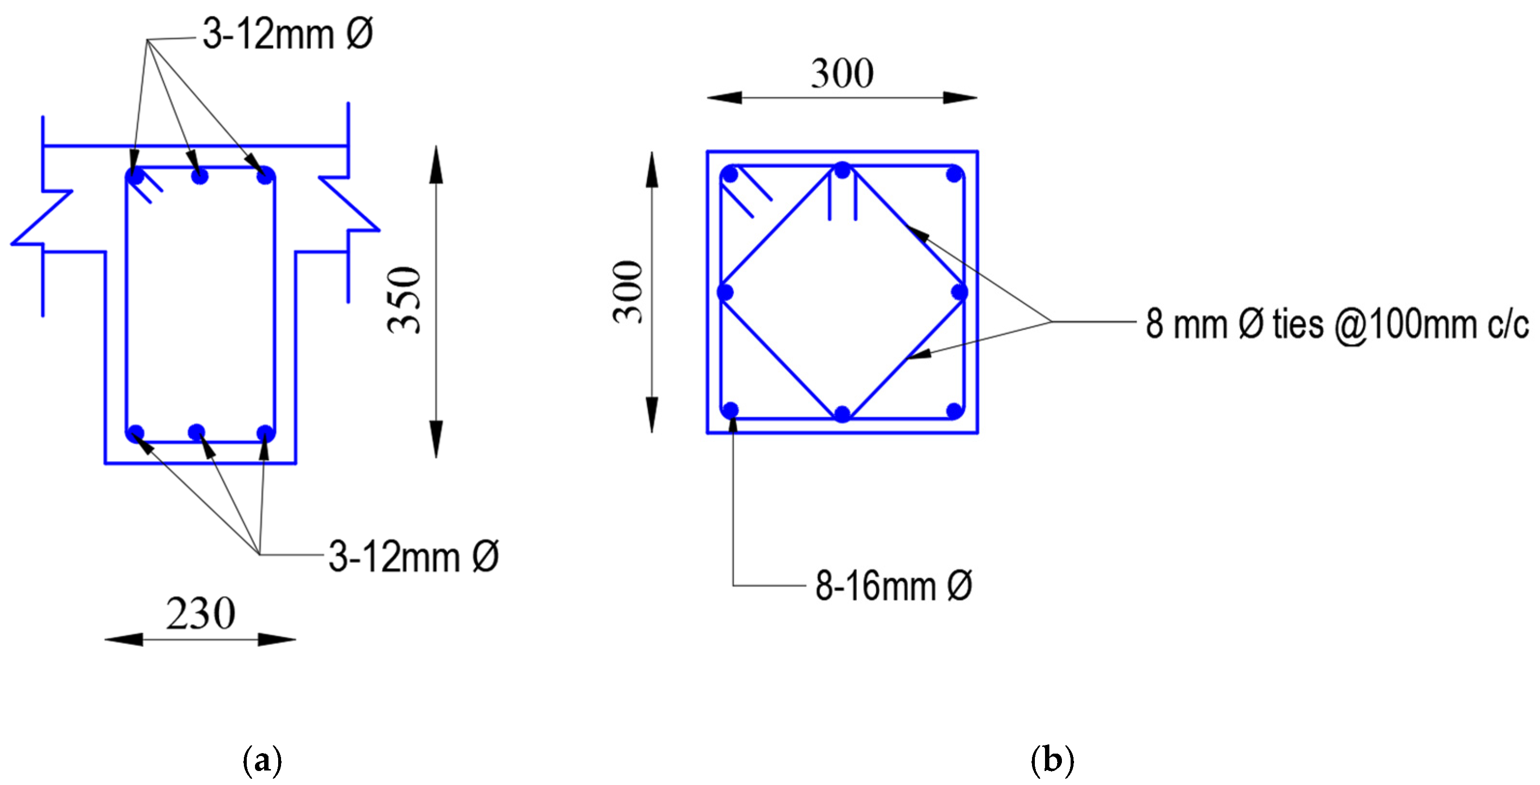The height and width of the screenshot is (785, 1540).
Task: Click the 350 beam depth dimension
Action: [404, 301]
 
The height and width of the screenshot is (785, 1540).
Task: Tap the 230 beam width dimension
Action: [201, 614]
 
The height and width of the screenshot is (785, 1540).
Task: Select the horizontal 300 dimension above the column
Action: [842, 73]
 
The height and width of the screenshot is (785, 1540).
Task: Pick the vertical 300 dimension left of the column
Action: [628, 292]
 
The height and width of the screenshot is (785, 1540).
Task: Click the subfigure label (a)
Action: [262, 760]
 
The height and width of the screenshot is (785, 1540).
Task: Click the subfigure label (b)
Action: [1052, 760]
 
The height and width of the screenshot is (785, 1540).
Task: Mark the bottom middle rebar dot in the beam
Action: [197, 432]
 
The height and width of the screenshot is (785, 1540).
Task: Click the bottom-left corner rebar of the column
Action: [730, 410]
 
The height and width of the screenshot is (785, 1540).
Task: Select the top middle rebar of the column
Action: [842, 171]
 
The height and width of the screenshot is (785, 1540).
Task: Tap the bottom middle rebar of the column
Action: [842, 414]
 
